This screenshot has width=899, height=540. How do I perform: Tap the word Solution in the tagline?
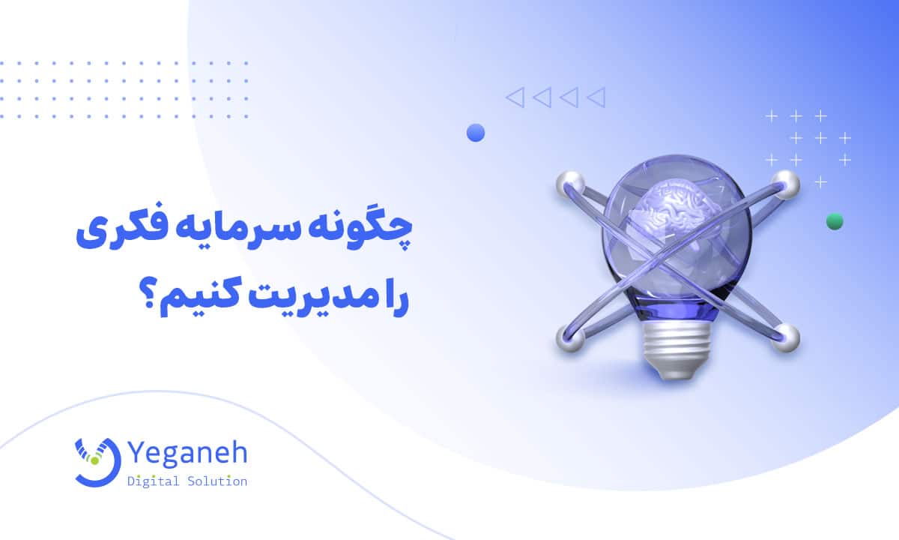pyautogui.click(x=217, y=481)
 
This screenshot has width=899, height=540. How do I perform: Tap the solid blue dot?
pyautogui.click(x=476, y=133)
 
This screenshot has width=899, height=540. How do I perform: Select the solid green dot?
pyautogui.click(x=834, y=221)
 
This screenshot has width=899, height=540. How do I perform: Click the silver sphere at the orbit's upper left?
pyautogui.click(x=569, y=184)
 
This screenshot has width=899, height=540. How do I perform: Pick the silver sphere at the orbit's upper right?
pyautogui.click(x=785, y=184)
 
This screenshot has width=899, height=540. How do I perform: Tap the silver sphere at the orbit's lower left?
pyautogui.click(x=569, y=338)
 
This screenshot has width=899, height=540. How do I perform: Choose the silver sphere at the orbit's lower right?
pyautogui.click(x=786, y=337)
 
